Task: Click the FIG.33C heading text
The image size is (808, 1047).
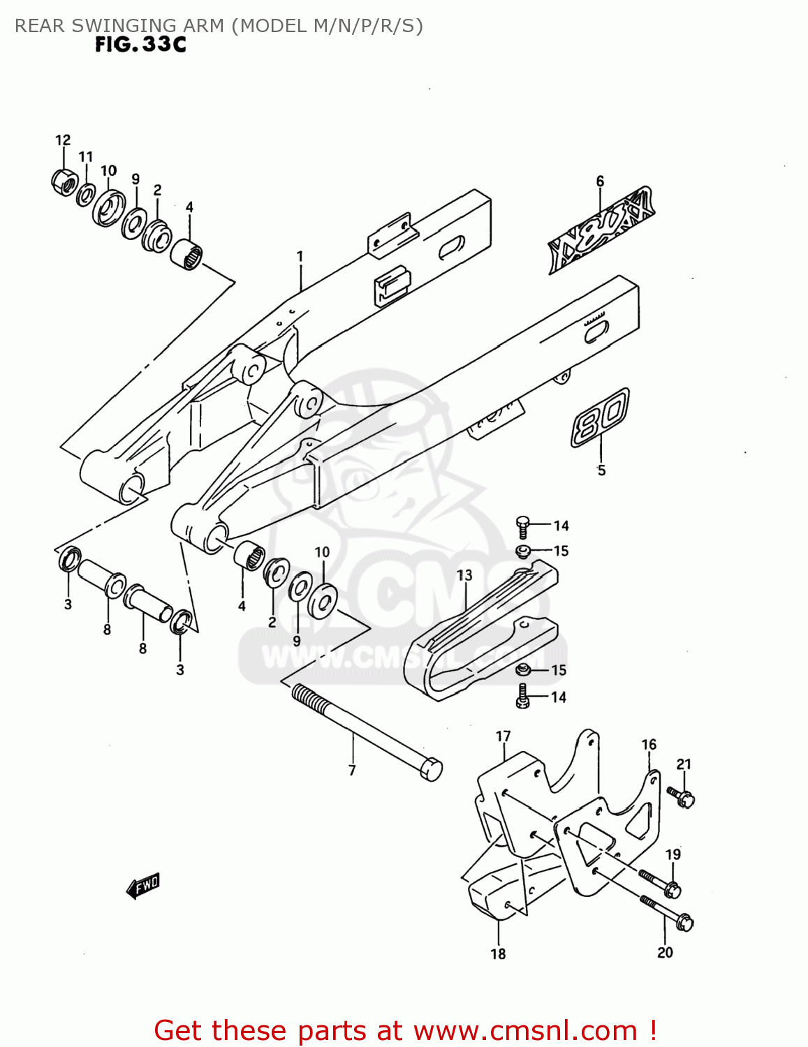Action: pyautogui.click(x=140, y=45)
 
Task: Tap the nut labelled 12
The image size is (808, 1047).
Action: pyautogui.click(x=64, y=181)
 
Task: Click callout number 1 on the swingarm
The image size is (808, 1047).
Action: pyautogui.click(x=300, y=257)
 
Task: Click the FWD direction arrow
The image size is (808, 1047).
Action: pyautogui.click(x=143, y=886)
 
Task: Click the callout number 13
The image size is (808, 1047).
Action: pyautogui.click(x=464, y=575)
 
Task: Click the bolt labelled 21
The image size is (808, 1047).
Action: pyautogui.click(x=680, y=796)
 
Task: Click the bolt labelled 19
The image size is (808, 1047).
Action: pyautogui.click(x=660, y=883)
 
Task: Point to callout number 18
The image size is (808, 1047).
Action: pyautogui.click(x=498, y=953)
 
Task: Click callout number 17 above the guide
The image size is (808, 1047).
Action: pyautogui.click(x=504, y=736)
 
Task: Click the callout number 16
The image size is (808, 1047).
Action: pyautogui.click(x=649, y=745)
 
